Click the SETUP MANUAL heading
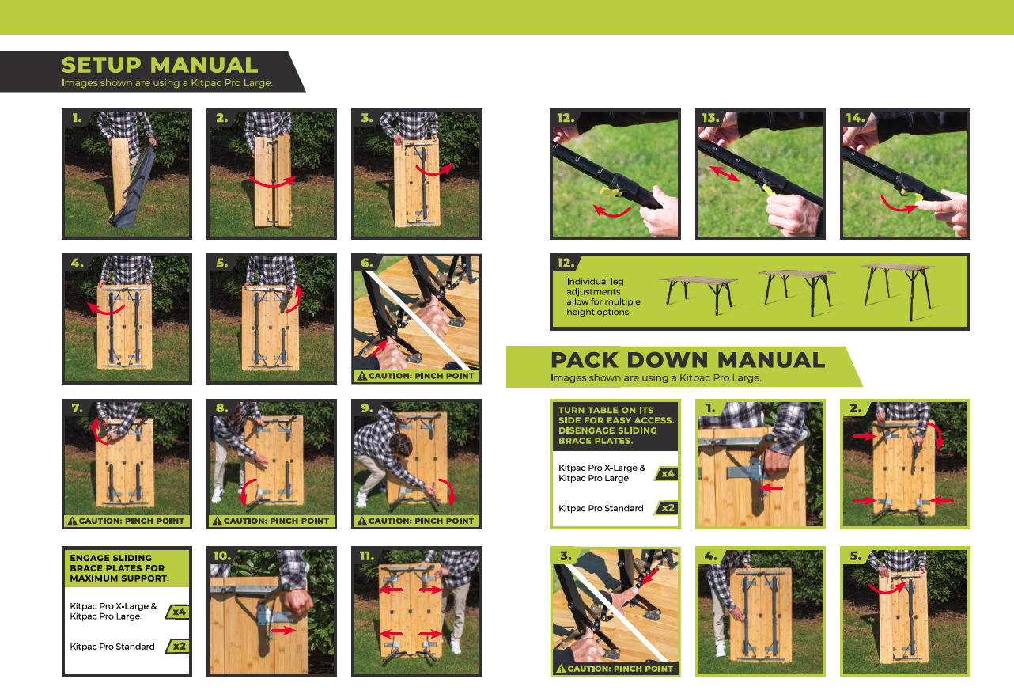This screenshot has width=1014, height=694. tap(160, 65)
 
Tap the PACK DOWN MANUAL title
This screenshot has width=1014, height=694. tap(687, 360)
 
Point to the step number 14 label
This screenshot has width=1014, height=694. tap(855, 118)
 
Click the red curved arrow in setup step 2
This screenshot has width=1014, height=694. tap(273, 182)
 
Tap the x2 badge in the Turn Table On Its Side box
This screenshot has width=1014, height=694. tap(668, 508)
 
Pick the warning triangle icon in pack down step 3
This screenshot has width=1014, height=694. tap(561, 669)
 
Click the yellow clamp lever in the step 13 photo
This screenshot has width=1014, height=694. tap(768, 189)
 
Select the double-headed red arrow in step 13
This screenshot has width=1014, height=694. tap(725, 173)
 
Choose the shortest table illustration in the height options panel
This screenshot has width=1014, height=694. tap(699, 295)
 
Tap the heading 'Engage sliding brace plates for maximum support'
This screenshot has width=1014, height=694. tap(119, 568)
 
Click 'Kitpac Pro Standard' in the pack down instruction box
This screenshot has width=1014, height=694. tap(600, 508)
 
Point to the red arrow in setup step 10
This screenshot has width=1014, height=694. tap(283, 630)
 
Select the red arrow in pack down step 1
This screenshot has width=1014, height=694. tap(771, 488)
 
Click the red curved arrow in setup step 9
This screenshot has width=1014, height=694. tap(448, 491)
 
